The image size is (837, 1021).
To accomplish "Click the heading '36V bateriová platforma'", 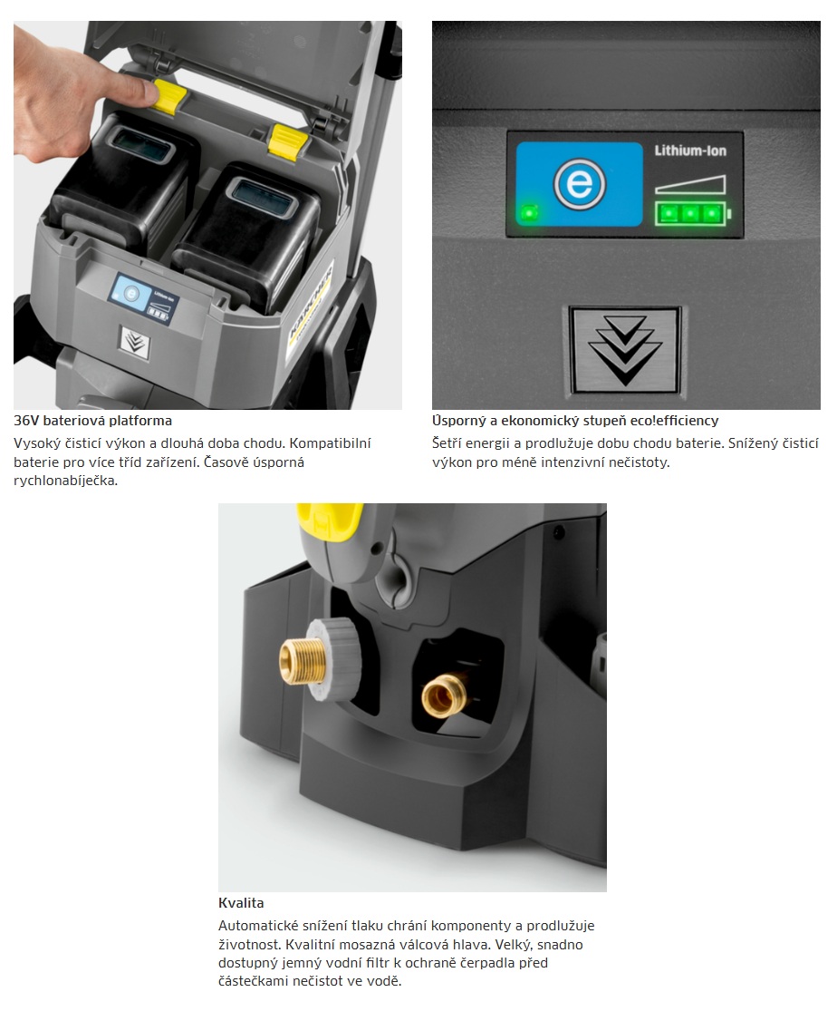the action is click(93, 421).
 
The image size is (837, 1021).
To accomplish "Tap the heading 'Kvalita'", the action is click(241, 903).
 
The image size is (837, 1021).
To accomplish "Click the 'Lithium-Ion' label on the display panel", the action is click(690, 151).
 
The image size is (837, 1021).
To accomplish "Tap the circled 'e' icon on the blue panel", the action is click(579, 184).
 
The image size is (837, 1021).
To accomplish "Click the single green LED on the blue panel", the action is click(529, 213).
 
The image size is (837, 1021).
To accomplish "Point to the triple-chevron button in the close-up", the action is click(625, 350).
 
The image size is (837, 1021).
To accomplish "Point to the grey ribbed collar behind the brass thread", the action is click(334, 658).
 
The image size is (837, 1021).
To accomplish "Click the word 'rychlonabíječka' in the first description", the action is click(66, 481).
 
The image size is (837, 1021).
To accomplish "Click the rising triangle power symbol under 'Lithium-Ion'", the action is click(690, 184).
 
